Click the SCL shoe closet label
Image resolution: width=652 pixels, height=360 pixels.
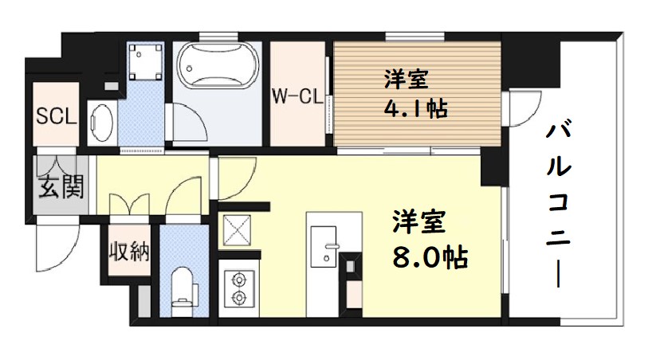coord(55,116)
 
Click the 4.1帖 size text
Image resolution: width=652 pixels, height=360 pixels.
coord(414,108)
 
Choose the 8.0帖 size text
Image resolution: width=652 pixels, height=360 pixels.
coord(428,256)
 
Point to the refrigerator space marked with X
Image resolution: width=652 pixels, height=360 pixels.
coord(238,231)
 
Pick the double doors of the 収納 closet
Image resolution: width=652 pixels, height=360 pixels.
coord(129,202)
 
